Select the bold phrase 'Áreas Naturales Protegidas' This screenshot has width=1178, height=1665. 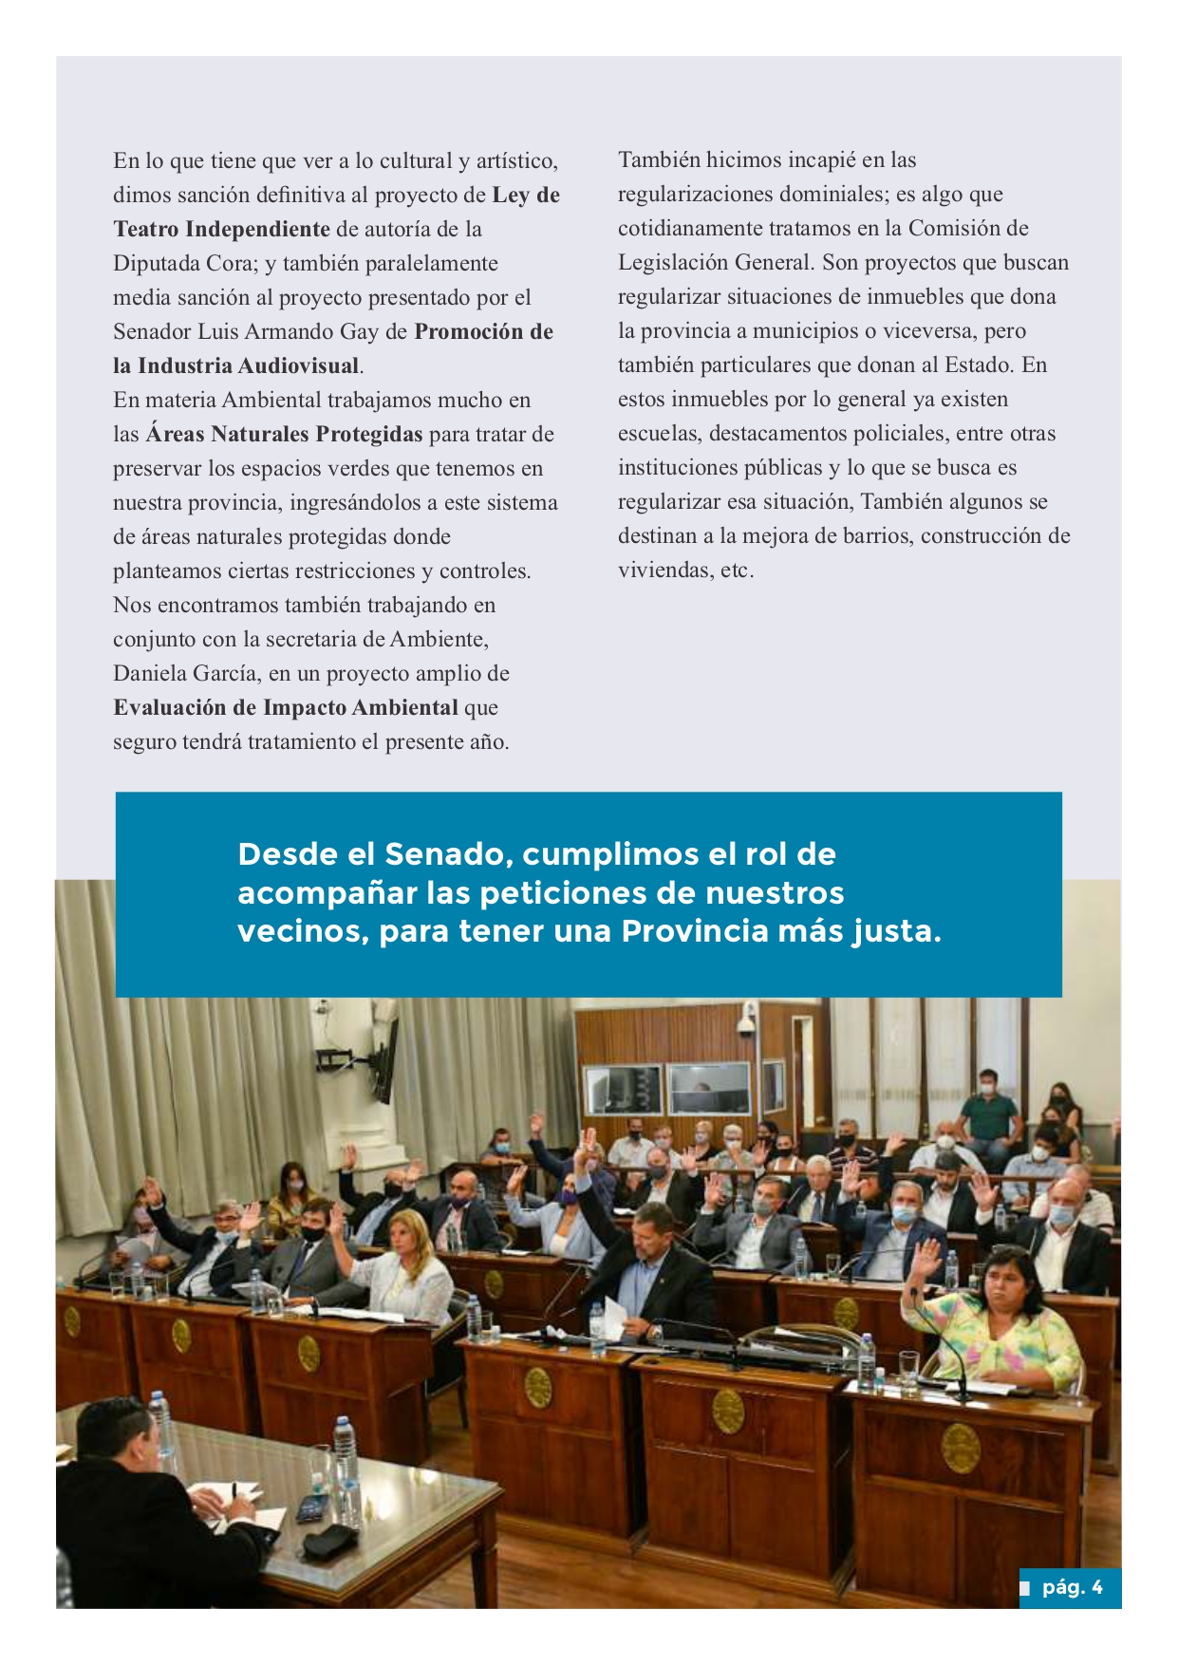(284, 435)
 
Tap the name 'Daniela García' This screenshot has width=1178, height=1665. (185, 674)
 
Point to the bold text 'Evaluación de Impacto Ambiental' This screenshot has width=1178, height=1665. (286, 708)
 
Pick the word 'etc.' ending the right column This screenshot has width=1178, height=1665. (736, 571)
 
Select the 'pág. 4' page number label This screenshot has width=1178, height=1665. (1071, 1587)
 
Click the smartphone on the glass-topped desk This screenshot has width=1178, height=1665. (309, 1508)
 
